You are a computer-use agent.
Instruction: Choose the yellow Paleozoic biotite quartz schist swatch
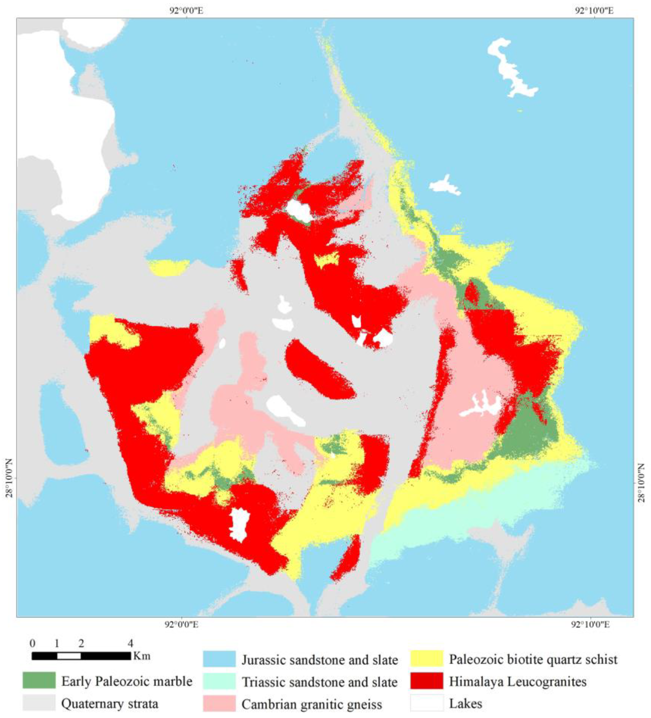point(426,659)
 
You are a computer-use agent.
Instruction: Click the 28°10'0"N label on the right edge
point(642,483)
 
